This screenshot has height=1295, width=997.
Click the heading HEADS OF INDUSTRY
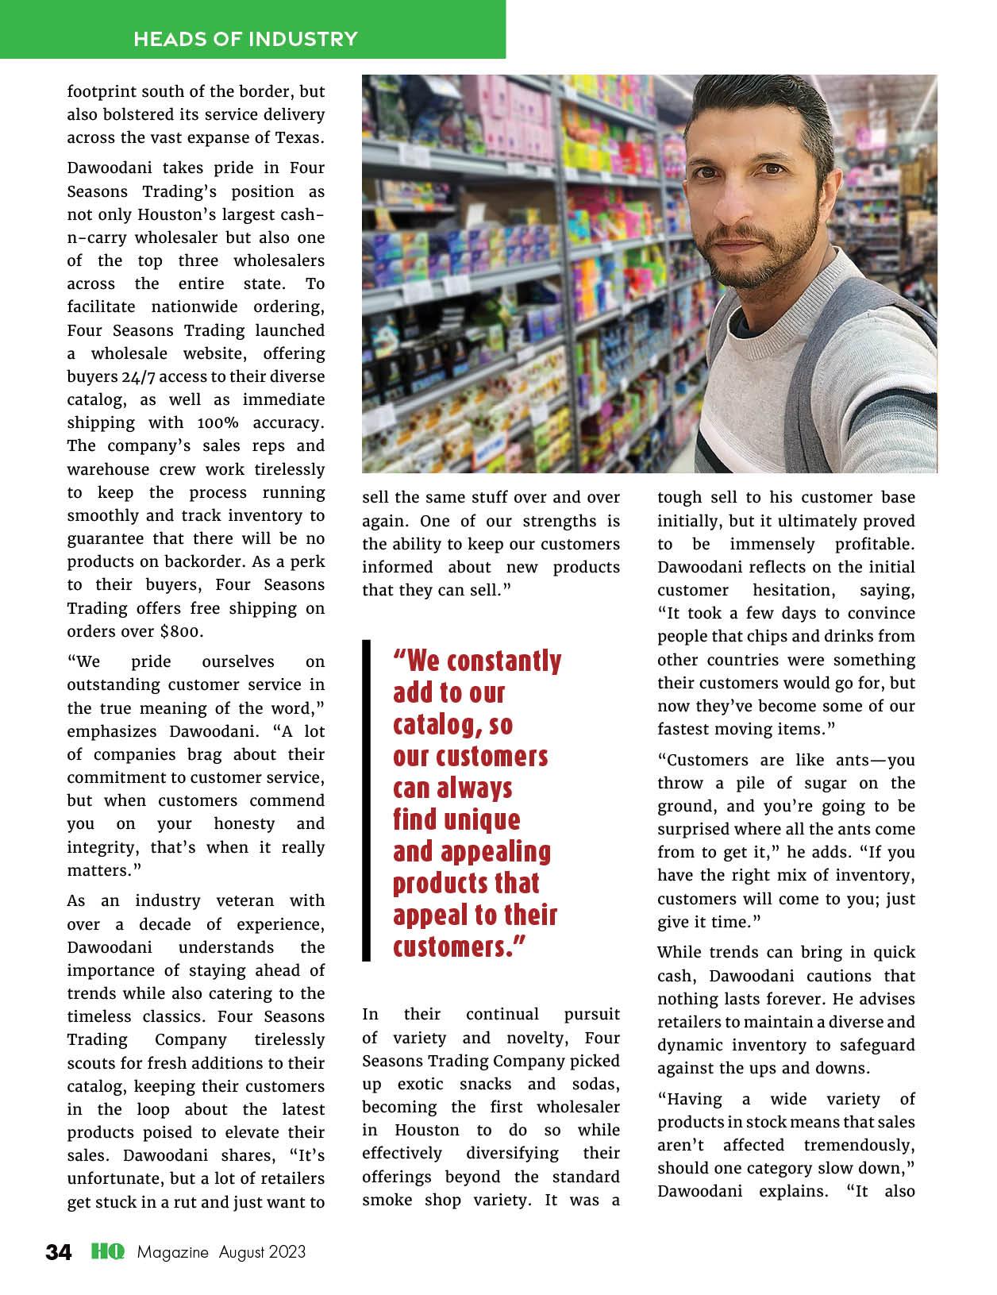[x=245, y=39]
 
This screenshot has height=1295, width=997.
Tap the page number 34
[x=59, y=1253]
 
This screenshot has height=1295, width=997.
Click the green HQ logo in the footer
[x=107, y=1252]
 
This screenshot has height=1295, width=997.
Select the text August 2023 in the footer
[x=263, y=1253]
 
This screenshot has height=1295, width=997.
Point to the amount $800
[x=180, y=631]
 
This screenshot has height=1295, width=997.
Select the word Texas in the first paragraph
[x=299, y=137]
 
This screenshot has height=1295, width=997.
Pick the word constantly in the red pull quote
[x=504, y=661]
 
